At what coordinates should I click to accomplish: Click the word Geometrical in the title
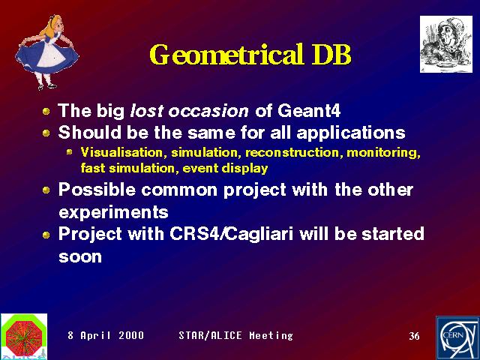pos(226,55)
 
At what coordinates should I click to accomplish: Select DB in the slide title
pos(331,55)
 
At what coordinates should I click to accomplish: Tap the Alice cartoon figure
pos(46,52)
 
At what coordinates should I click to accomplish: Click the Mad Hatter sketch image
pos(446,44)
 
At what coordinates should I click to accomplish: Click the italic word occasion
pos(208,111)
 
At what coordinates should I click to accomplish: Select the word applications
pos(351,133)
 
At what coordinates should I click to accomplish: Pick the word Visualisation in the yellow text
pos(121,152)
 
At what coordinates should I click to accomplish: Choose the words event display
pos(225,168)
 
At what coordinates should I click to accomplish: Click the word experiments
pos(113,212)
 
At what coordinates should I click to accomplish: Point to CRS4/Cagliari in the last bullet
pos(232,234)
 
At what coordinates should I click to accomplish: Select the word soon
pos(80,256)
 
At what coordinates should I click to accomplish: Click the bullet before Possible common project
pos(46,190)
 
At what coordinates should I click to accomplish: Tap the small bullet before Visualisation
pos(70,151)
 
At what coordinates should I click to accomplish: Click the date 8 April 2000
pos(106,335)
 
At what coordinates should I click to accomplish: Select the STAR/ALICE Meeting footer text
pos(235,335)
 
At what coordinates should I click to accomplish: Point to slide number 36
pos(414,336)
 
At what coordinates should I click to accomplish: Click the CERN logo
pos(457,338)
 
